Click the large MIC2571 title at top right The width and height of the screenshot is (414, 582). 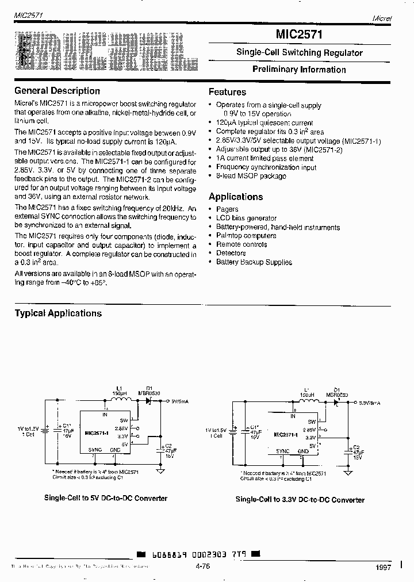click(x=299, y=35)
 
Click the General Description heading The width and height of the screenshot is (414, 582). click(x=57, y=91)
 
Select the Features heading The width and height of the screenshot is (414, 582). click(x=227, y=92)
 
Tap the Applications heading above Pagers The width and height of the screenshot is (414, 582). click(x=236, y=197)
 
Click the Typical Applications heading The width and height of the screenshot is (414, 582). click(x=58, y=313)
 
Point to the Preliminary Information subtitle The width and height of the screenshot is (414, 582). click(x=299, y=70)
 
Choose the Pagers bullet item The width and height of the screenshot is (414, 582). click(x=227, y=209)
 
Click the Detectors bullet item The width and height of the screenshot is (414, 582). click(x=231, y=253)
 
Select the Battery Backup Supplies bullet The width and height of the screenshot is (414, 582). click(x=254, y=262)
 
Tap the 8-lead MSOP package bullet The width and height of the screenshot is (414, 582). click(x=251, y=176)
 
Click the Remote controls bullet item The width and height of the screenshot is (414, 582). click(x=241, y=244)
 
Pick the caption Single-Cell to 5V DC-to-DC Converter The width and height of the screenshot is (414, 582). click(x=106, y=498)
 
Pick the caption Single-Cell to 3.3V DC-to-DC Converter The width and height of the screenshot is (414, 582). click(x=300, y=500)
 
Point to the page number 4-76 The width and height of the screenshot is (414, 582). click(x=203, y=566)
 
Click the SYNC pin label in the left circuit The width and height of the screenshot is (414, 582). click(x=95, y=449)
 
